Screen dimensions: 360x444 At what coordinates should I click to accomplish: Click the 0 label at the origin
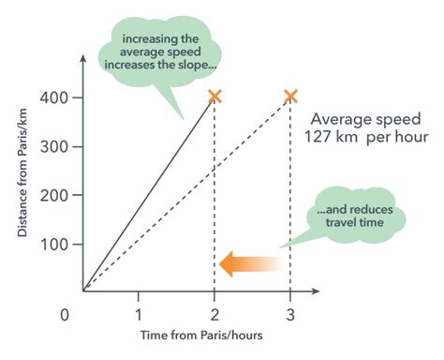65,313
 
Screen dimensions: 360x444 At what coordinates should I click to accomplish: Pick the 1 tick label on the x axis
140,313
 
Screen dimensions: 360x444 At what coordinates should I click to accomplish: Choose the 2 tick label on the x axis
215,313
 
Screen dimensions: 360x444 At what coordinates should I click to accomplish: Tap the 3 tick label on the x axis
290,313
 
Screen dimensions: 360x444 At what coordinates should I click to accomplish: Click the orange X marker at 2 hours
215,97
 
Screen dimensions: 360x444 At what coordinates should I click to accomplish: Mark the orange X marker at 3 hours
290,97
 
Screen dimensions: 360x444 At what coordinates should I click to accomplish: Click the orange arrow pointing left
249,265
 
